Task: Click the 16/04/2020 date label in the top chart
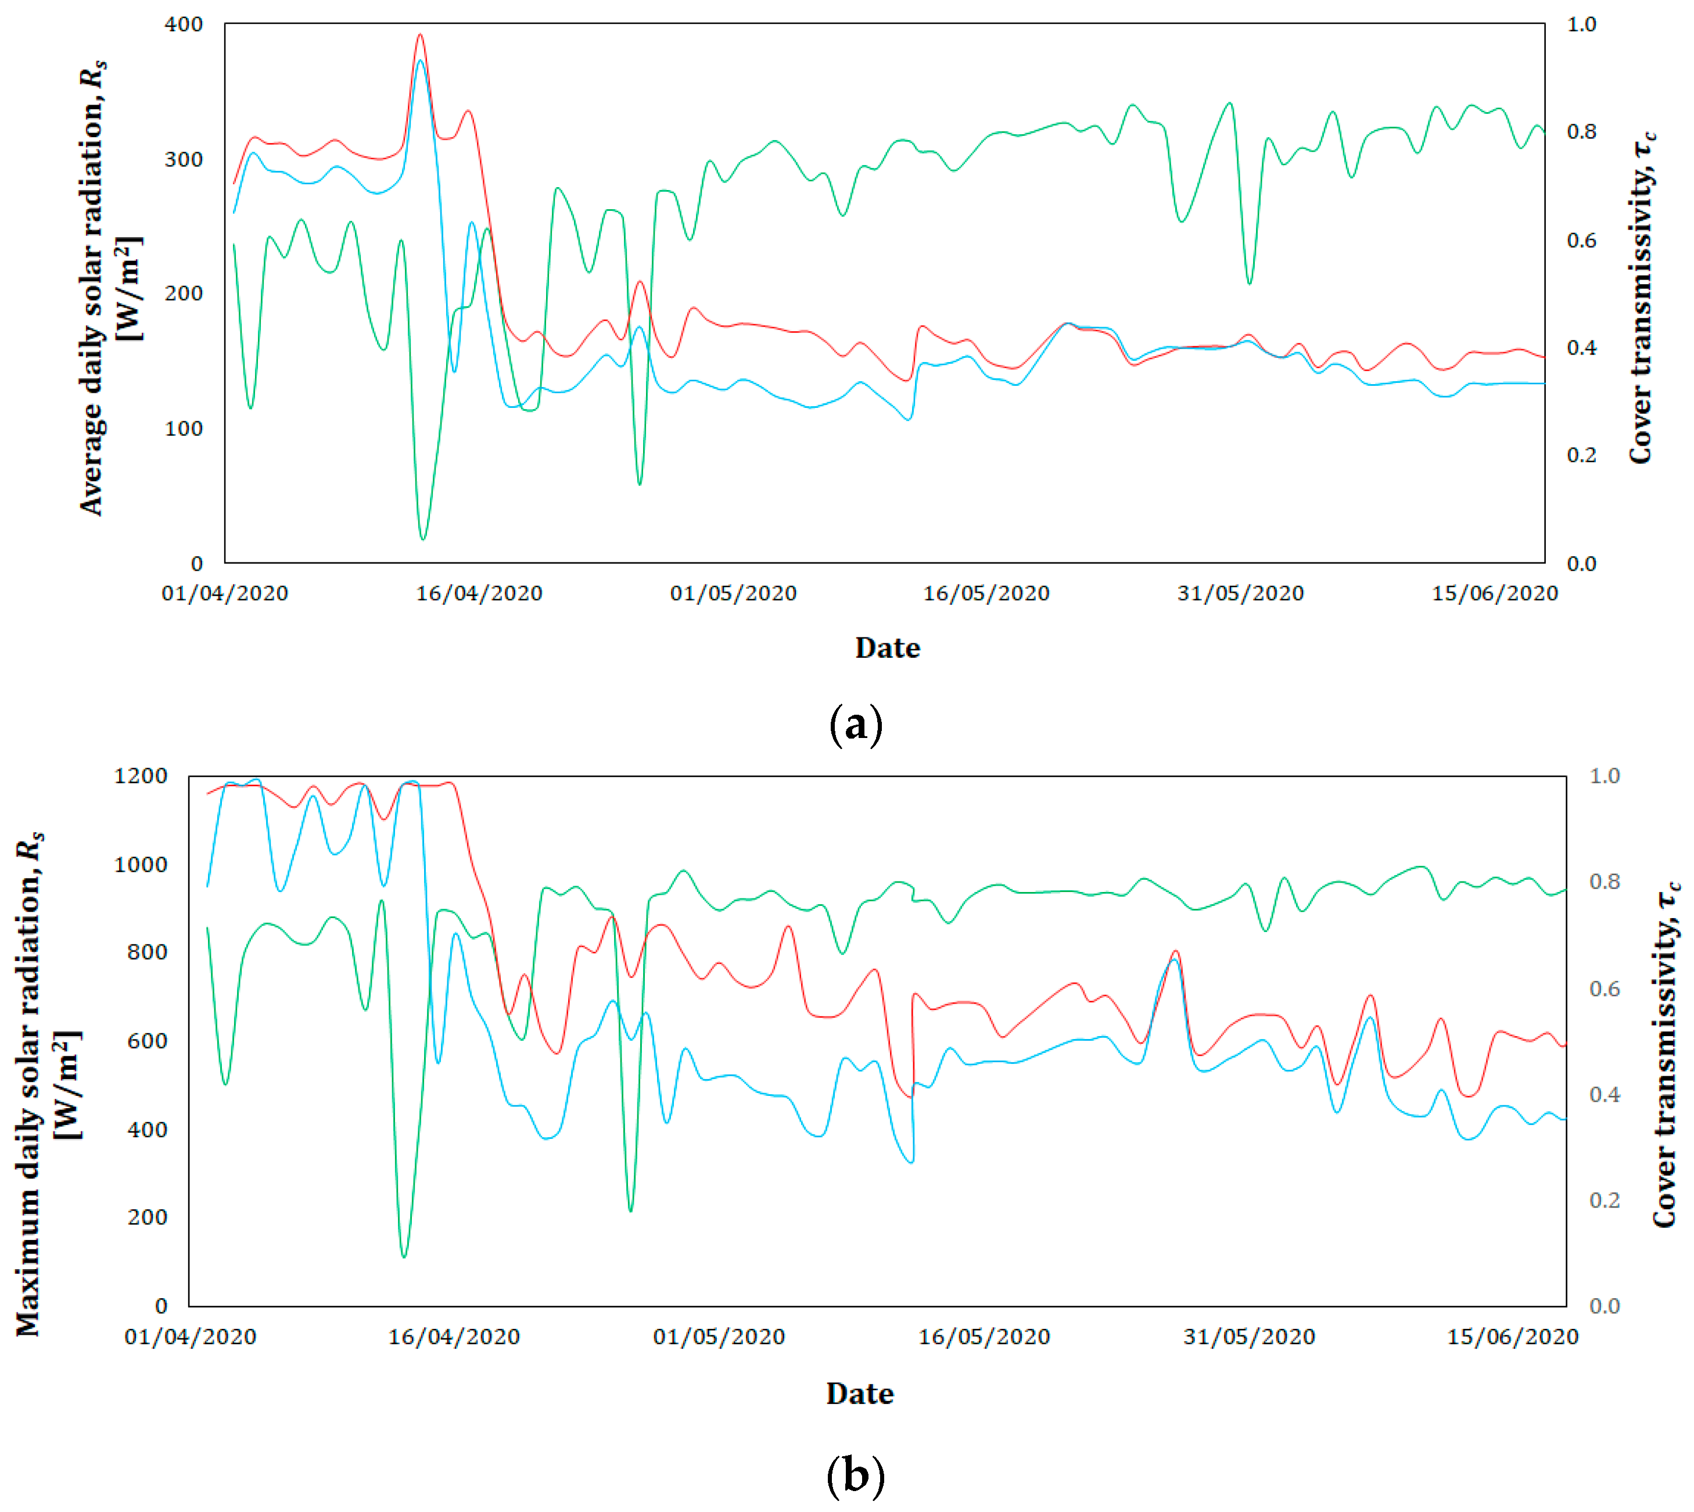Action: (x=479, y=593)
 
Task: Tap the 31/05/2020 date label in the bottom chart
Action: (x=1249, y=1337)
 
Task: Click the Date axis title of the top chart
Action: (x=887, y=648)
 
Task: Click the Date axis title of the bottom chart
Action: (x=859, y=1393)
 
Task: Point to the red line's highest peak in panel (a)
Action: (x=420, y=35)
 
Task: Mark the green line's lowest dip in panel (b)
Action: (x=404, y=1256)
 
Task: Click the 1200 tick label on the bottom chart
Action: (x=141, y=776)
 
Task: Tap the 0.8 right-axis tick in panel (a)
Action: (x=1581, y=131)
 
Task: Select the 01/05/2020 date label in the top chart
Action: (x=733, y=593)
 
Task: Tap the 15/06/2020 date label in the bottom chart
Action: (x=1512, y=1337)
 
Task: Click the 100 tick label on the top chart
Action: (x=184, y=429)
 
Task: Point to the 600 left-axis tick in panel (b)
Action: (x=147, y=1041)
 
